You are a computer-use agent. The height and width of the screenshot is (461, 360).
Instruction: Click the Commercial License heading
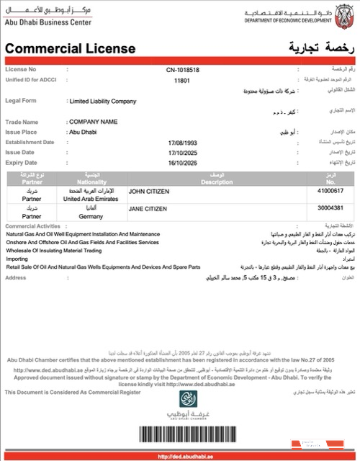tap(71, 49)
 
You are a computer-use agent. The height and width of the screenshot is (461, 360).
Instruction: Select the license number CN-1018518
tap(181, 70)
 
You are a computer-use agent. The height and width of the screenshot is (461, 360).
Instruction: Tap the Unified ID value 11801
tap(181, 81)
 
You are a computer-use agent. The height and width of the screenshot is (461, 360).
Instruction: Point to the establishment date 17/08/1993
tap(181, 143)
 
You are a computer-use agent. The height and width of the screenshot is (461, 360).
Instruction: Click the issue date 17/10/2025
tap(181, 153)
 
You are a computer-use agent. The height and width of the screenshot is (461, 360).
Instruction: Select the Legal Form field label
tap(22, 102)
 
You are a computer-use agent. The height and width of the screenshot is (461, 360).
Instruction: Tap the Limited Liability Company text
tap(102, 102)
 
